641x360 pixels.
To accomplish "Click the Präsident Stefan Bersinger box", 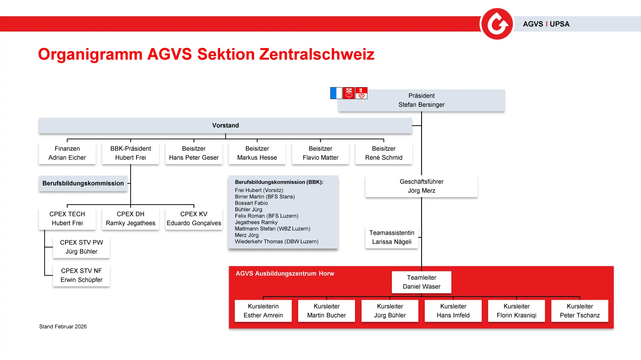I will (421, 100).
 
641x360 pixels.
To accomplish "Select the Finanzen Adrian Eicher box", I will (67, 153).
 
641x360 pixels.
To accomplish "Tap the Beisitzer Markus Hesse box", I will (257, 153).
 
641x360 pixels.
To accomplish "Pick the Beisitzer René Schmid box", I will (384, 153).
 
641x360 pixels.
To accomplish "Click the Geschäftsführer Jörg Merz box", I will (421, 186).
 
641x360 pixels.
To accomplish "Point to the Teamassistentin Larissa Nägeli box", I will (392, 237).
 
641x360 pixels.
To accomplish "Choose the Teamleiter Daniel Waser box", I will (421, 282).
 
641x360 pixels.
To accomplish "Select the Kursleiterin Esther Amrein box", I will (263, 311).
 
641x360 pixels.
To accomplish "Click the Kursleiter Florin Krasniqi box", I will (516, 311).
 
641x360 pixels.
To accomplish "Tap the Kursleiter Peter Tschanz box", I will (580, 311).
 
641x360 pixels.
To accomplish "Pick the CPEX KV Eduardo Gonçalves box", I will (194, 219).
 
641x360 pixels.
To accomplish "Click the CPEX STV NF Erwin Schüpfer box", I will (81, 276).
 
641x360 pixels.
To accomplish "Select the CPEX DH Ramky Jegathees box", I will (131, 219).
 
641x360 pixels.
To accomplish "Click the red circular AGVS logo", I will (497, 24).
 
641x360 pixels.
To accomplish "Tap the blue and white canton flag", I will (336, 93).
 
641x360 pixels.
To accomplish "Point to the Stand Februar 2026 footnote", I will (63, 326).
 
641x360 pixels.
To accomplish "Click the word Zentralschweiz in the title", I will (317, 54).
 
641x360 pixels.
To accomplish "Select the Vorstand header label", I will (226, 125).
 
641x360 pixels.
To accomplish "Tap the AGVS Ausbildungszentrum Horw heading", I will (285, 274).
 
